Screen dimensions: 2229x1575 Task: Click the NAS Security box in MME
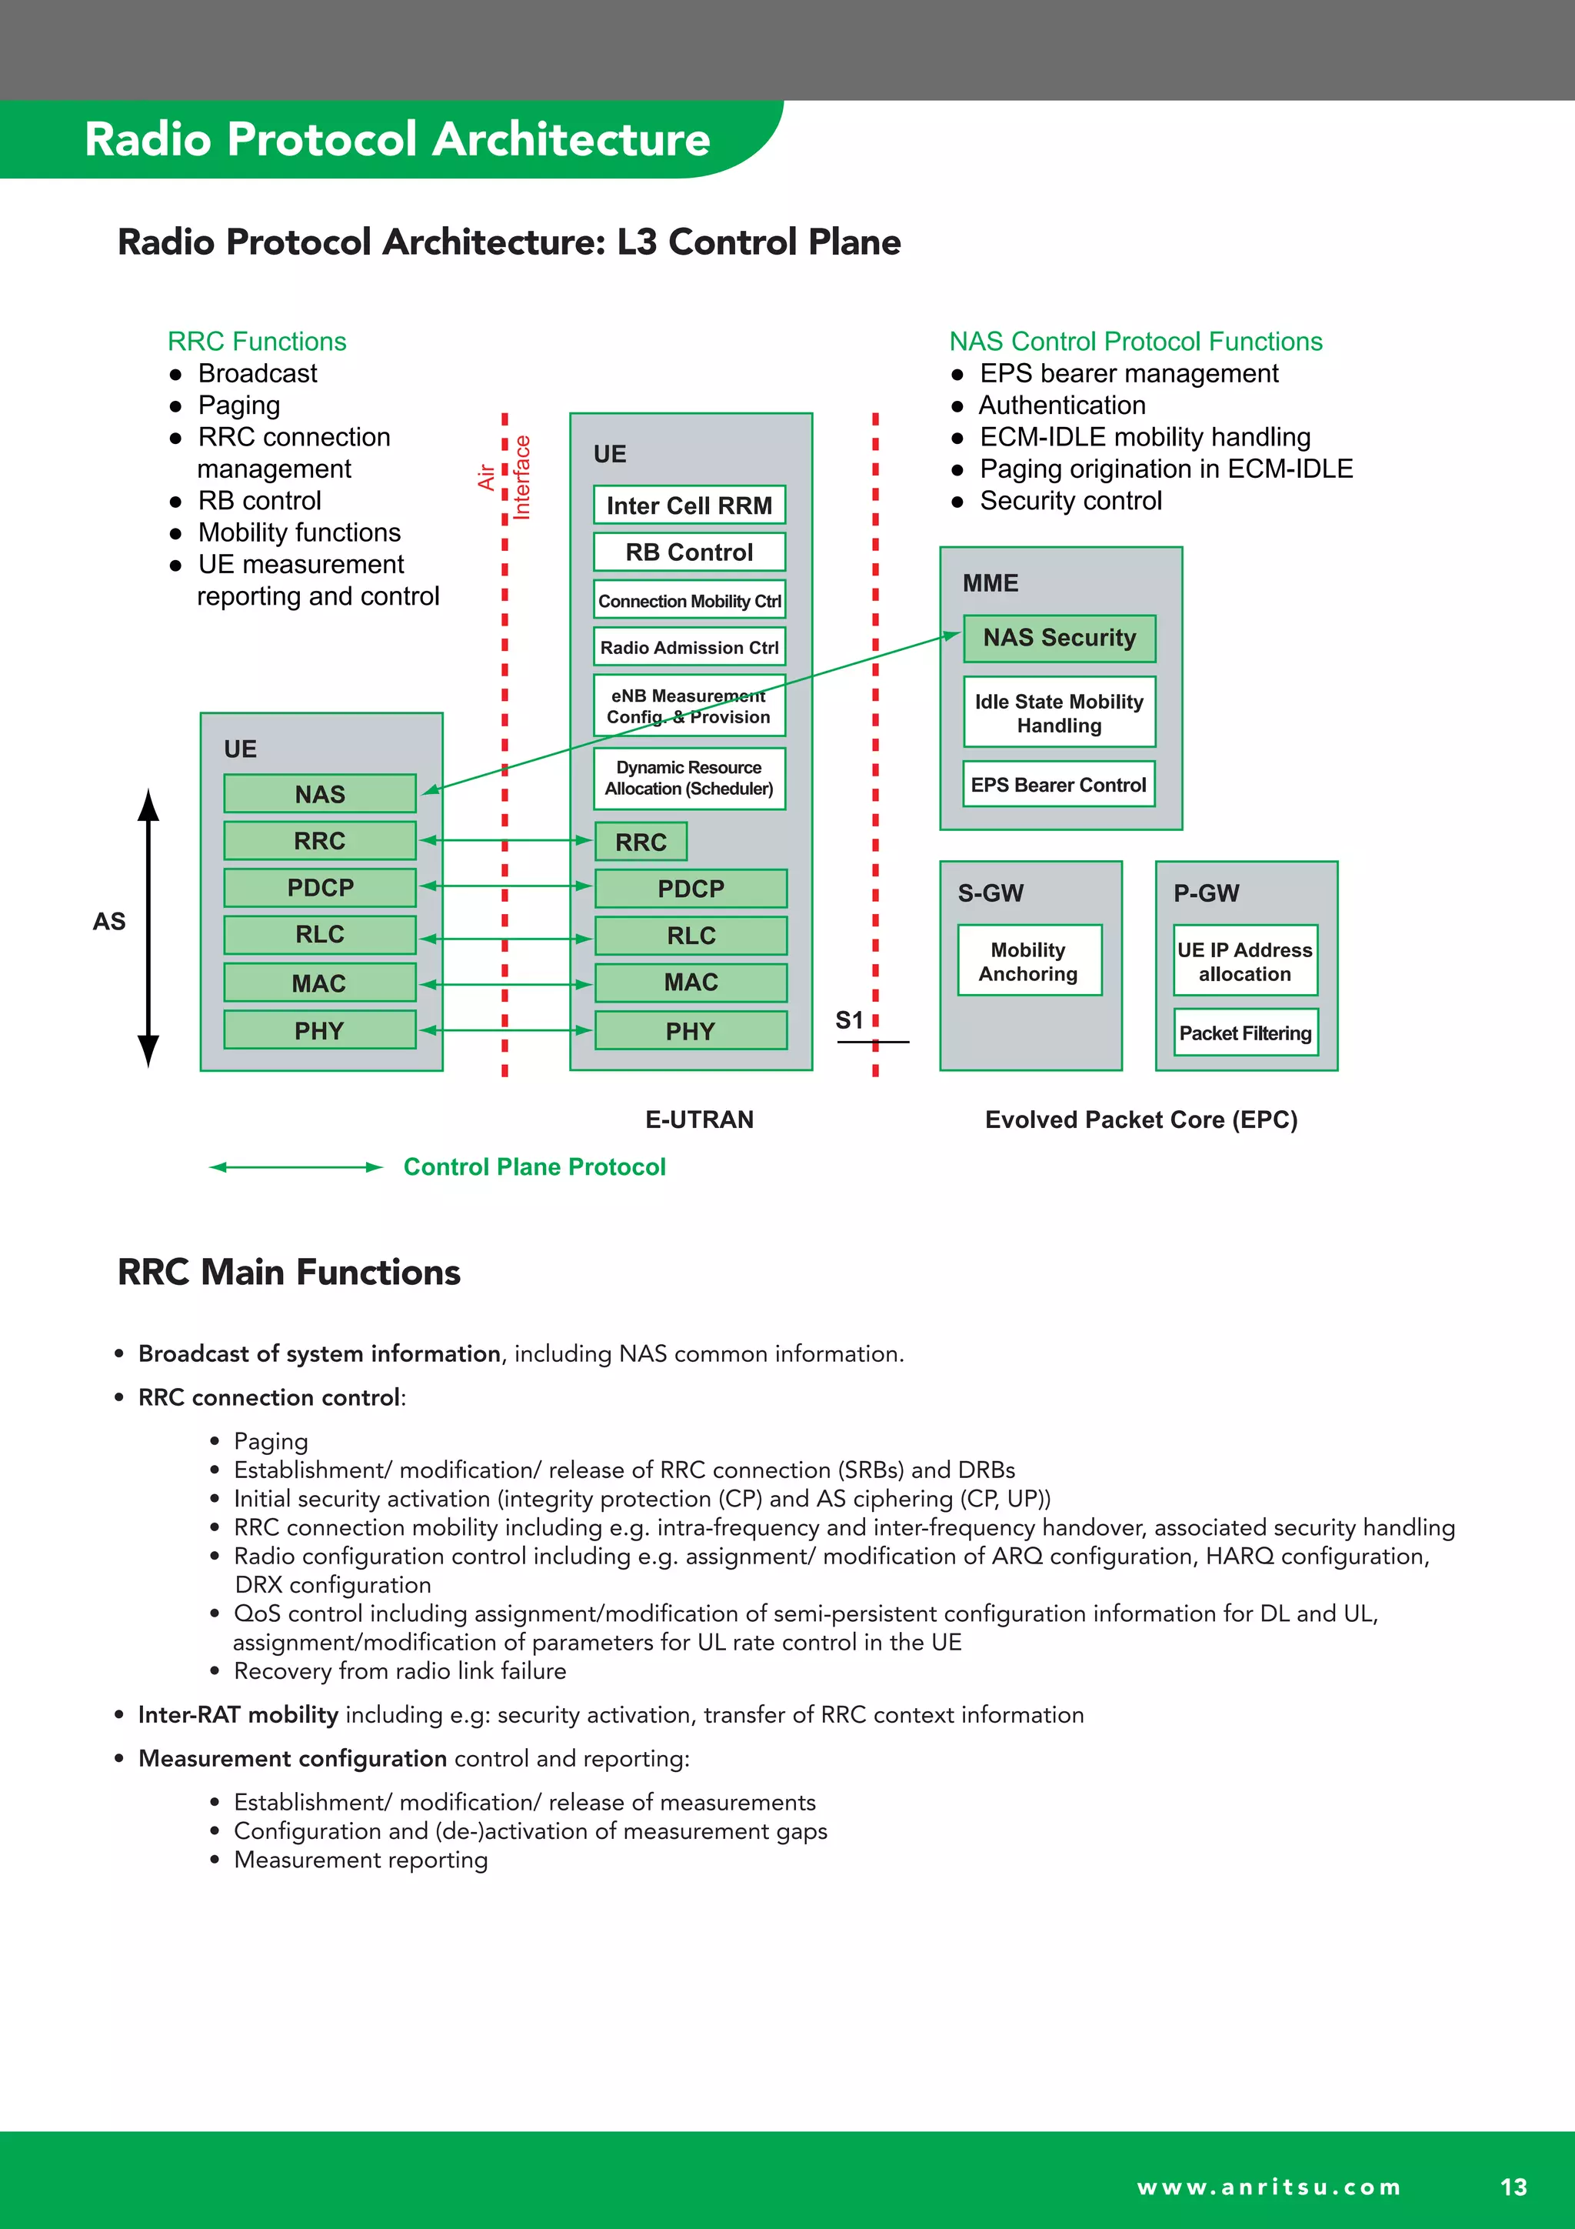[1059, 638]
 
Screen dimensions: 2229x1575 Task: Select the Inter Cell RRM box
[689, 505]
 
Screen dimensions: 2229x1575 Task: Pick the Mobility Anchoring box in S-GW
[1029, 961]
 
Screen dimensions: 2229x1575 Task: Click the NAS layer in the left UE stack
[319, 794]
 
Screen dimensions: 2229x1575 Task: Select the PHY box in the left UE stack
[319, 1030]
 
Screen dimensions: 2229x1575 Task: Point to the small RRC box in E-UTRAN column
[641, 842]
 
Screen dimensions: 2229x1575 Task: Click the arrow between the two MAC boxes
[504, 984]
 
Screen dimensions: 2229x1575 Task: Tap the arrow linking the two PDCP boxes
[504, 886]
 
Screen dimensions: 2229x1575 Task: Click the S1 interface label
[849, 1020]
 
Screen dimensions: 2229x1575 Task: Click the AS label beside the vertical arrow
[108, 921]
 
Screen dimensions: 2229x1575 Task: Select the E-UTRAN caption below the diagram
[699, 1120]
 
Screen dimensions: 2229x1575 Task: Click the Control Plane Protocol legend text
[534, 1167]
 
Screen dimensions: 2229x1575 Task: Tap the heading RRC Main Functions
[288, 1272]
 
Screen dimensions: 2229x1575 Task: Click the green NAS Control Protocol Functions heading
[1135, 342]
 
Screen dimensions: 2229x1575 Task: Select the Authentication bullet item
[1061, 405]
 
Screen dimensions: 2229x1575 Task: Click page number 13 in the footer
[1513, 2187]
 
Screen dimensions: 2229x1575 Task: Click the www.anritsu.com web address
[1268, 2187]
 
